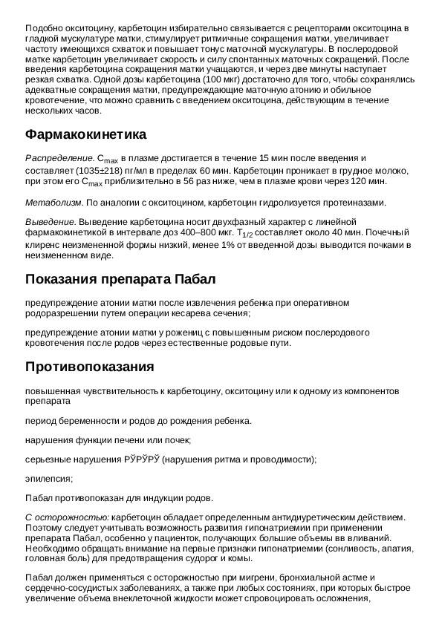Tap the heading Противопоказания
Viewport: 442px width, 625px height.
(x=89, y=367)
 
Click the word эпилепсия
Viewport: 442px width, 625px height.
(x=48, y=479)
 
